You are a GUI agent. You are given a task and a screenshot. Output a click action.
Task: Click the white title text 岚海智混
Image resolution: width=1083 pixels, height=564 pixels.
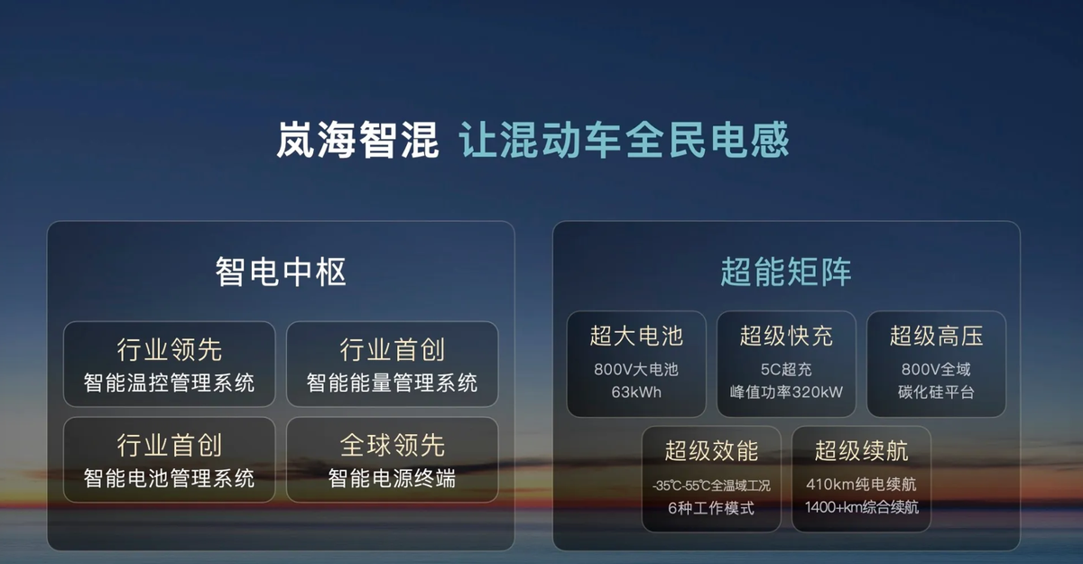click(x=357, y=140)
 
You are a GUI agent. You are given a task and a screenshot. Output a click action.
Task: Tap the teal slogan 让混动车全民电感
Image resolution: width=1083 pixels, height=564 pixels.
click(x=625, y=140)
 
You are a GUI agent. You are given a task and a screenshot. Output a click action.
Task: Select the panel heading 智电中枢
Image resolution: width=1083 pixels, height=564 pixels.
click(x=281, y=272)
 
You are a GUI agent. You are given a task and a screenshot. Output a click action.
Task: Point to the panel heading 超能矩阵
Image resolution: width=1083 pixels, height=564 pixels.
click(x=786, y=272)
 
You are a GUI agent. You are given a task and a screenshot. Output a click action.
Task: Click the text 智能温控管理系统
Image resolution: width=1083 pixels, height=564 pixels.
click(x=170, y=384)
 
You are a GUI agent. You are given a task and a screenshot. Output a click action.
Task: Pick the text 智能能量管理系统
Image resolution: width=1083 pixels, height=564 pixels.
click(x=392, y=384)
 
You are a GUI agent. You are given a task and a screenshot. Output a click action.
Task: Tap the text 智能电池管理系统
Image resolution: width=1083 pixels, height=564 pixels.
click(x=170, y=478)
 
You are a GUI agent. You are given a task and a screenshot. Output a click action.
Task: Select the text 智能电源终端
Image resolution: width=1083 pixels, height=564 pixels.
click(x=392, y=478)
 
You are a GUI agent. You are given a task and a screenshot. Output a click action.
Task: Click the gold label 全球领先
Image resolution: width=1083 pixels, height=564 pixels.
click(x=392, y=445)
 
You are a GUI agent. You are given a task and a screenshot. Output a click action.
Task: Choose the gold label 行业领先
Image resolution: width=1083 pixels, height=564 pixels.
click(x=170, y=349)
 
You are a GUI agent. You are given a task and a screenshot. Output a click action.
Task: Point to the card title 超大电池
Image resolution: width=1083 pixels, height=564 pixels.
click(x=636, y=336)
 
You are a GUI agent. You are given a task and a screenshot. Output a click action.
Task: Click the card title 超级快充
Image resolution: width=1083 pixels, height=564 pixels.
click(x=786, y=336)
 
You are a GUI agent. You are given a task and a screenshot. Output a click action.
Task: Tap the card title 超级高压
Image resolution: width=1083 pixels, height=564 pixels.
click(x=937, y=336)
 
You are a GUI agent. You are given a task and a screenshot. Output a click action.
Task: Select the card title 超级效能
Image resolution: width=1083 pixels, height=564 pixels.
click(x=712, y=451)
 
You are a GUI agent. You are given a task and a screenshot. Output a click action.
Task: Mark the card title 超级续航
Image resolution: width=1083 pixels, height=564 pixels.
click(x=862, y=451)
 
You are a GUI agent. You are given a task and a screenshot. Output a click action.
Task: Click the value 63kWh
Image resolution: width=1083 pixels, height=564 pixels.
click(x=636, y=392)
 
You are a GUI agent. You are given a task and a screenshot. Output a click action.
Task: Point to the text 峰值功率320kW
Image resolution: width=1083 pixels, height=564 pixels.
click(x=786, y=392)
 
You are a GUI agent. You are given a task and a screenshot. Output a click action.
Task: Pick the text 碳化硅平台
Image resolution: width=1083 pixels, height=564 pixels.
click(x=937, y=392)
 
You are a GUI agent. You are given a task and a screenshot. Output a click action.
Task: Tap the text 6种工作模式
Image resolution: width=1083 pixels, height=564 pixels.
click(x=711, y=508)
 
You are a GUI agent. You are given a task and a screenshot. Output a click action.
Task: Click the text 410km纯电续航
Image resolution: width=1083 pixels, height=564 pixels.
click(x=862, y=485)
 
